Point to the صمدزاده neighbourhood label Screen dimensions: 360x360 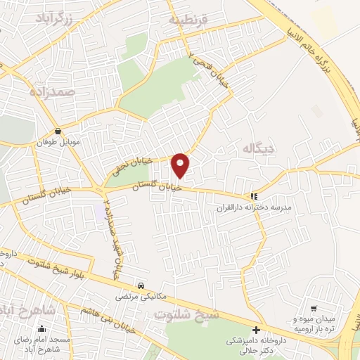click(x=51, y=91)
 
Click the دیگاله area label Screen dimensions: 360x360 click(x=259, y=149)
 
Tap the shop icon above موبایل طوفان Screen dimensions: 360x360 click(x=58, y=131)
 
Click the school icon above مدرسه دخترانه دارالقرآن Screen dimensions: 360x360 click(x=254, y=198)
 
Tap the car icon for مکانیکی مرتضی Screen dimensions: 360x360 click(x=141, y=285)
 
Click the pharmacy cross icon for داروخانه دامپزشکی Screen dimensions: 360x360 click(x=256, y=330)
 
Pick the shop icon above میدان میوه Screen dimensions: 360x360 click(x=314, y=308)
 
